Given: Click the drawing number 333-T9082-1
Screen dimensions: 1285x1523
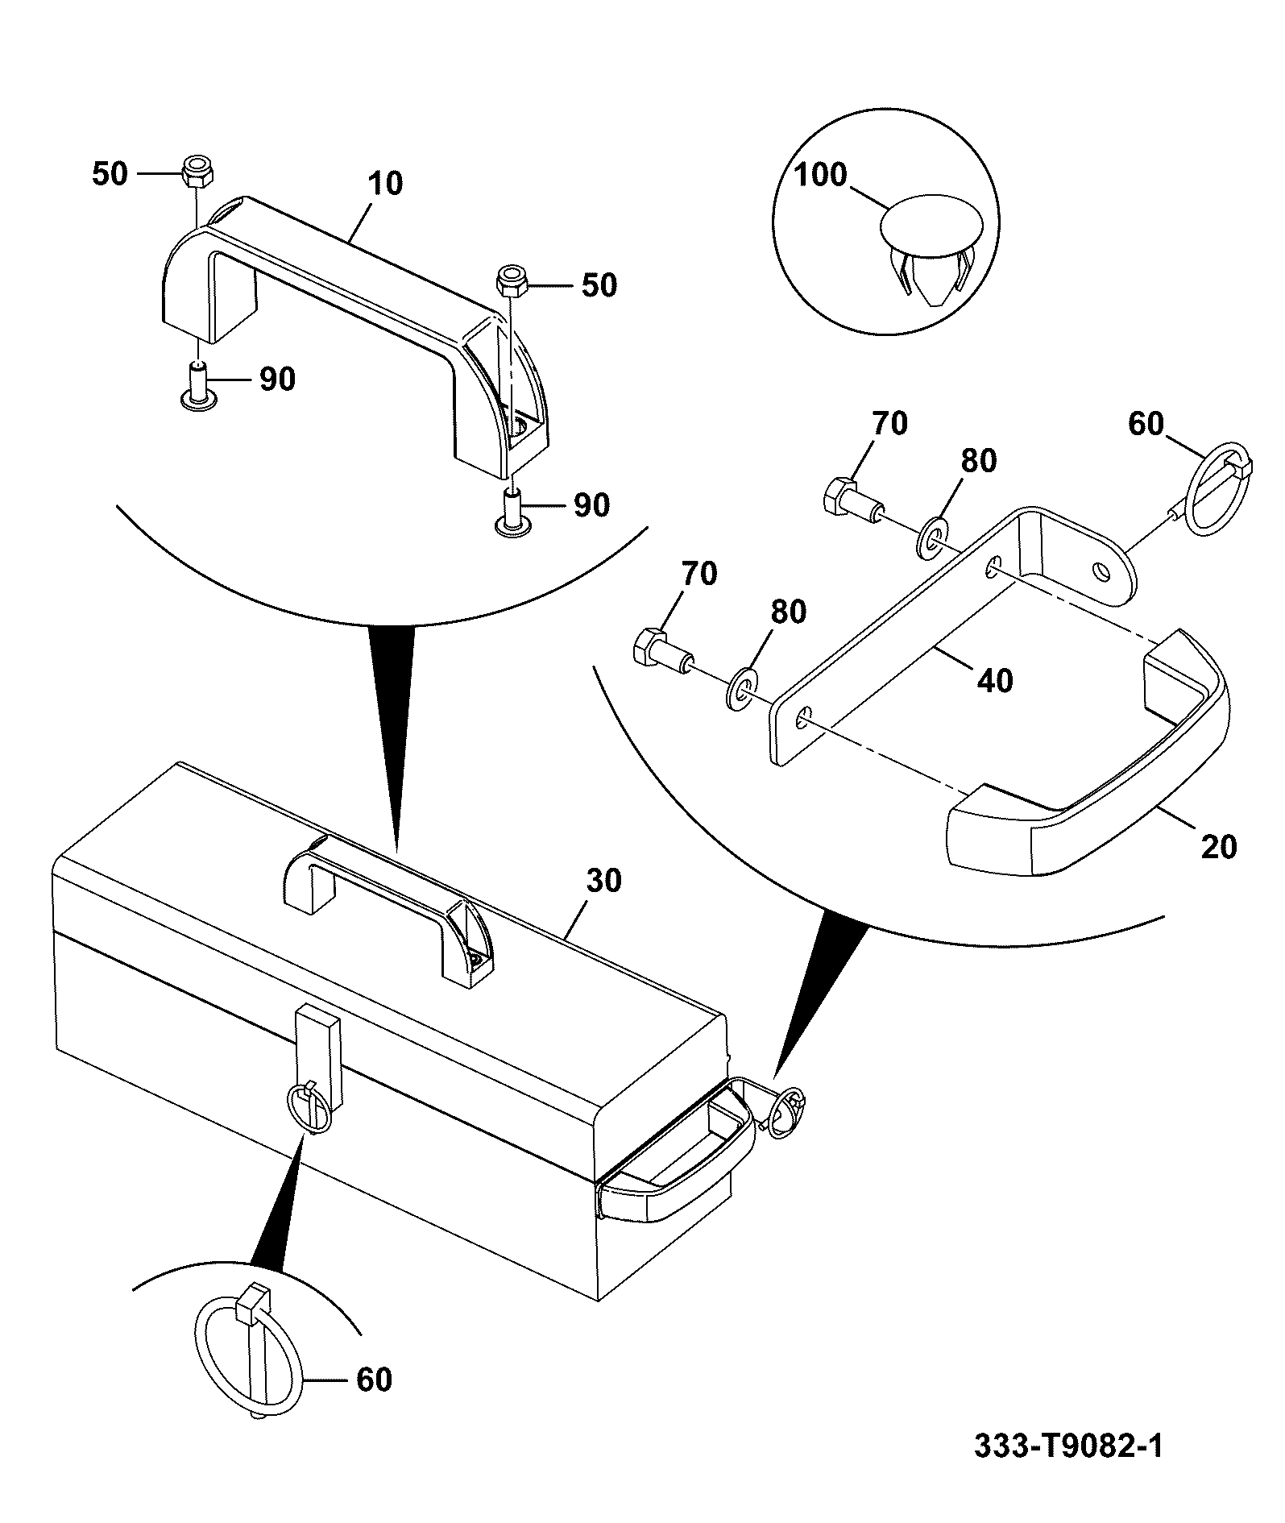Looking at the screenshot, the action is (x=1068, y=1446).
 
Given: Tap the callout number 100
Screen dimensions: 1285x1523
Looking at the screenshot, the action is (x=822, y=175).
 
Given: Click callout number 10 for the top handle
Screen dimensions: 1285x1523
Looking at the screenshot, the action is (x=386, y=184).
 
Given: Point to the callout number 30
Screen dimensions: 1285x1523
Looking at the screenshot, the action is (x=603, y=881).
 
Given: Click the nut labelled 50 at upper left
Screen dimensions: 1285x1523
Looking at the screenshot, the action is (x=197, y=171).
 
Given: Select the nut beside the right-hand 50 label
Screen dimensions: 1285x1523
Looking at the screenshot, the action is (x=512, y=281).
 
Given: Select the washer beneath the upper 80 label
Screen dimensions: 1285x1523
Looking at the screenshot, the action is (x=932, y=538).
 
